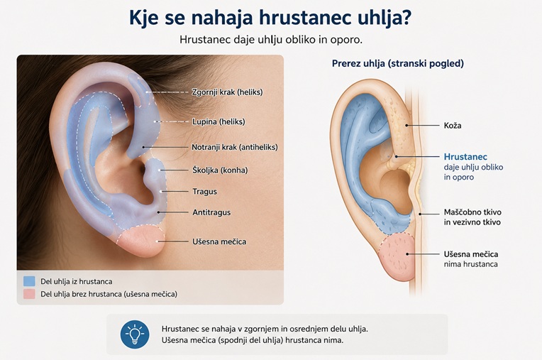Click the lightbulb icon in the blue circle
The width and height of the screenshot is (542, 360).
click(135, 334)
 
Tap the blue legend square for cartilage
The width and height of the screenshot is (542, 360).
click(29, 281)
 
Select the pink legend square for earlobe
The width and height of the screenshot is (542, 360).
click(29, 294)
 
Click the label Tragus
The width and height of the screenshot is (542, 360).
click(204, 192)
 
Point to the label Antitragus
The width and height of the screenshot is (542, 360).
click(211, 212)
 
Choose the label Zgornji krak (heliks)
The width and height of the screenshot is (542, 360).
click(228, 92)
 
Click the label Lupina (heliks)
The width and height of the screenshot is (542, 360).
click(219, 121)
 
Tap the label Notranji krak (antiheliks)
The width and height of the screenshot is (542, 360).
click(235, 147)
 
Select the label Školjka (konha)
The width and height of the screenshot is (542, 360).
click(220, 170)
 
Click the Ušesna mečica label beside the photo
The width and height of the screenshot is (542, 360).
click(219, 241)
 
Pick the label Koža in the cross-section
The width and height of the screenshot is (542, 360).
click(453, 126)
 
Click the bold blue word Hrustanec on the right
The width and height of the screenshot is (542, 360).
click(465, 157)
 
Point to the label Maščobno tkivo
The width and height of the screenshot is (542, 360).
click(472, 212)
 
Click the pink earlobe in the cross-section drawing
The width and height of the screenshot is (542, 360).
click(397, 256)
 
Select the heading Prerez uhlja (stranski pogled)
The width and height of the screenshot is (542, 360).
click(398, 64)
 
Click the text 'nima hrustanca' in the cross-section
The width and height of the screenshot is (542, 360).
click(471, 264)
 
